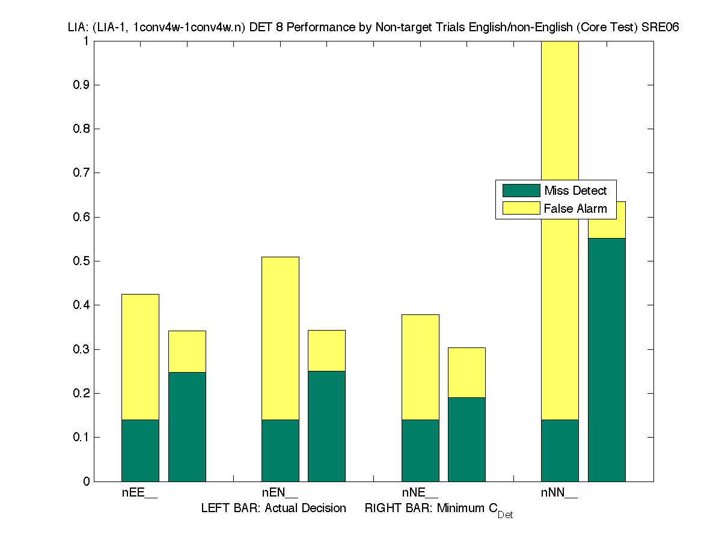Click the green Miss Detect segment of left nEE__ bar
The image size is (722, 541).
[140, 450]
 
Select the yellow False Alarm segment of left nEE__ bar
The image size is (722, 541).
[140, 356]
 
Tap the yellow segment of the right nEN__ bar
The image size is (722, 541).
[326, 350]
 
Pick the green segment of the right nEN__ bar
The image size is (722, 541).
[326, 426]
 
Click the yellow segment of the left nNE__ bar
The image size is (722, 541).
[420, 367]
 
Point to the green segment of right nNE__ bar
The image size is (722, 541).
[467, 439]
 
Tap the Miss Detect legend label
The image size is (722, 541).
[575, 191]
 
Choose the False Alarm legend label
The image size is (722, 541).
[575, 209]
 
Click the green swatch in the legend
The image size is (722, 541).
[521, 191]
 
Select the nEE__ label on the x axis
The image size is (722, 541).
[139, 494]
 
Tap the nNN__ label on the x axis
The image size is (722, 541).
[559, 494]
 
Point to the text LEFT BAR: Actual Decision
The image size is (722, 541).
[274, 509]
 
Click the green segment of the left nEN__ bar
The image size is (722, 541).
[280, 450]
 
